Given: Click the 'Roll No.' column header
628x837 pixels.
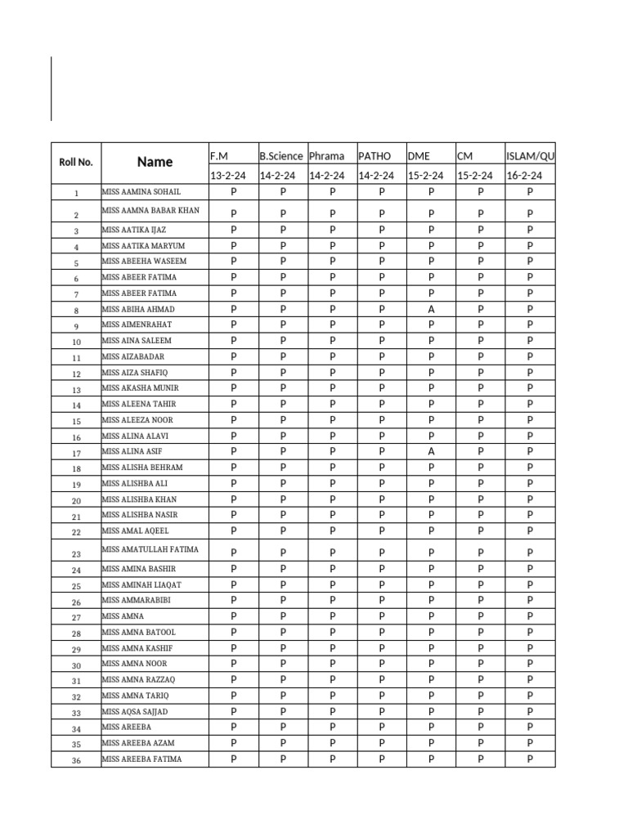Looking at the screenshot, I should tap(76, 162).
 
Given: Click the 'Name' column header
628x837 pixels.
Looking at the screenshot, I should tap(155, 162).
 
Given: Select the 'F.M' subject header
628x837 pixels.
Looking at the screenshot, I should tap(218, 155).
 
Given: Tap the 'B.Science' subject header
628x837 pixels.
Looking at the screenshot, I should tap(281, 155).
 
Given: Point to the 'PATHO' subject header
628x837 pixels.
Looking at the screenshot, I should tap(375, 155).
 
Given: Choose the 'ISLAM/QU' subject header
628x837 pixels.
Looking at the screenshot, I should tap(530, 155).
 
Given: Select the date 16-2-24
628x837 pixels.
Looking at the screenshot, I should tap(524, 175).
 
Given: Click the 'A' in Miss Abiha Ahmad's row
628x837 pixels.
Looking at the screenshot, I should tap(431, 309).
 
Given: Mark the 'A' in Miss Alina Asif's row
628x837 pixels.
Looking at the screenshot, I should tap(431, 451).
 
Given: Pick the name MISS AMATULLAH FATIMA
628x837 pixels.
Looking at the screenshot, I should tap(150, 549).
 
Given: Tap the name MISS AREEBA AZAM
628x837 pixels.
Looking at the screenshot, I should tap(137, 743).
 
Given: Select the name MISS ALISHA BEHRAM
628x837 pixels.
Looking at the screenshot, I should tap(141, 468).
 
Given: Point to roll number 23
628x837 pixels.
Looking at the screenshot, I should tap(76, 554).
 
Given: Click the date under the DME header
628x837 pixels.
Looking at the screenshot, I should tap(425, 175).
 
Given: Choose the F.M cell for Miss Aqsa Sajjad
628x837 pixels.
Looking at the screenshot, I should tap(233, 711).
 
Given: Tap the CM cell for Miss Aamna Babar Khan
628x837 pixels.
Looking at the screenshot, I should tap(481, 213).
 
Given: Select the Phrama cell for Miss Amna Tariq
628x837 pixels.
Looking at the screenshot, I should tap(332, 695).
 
